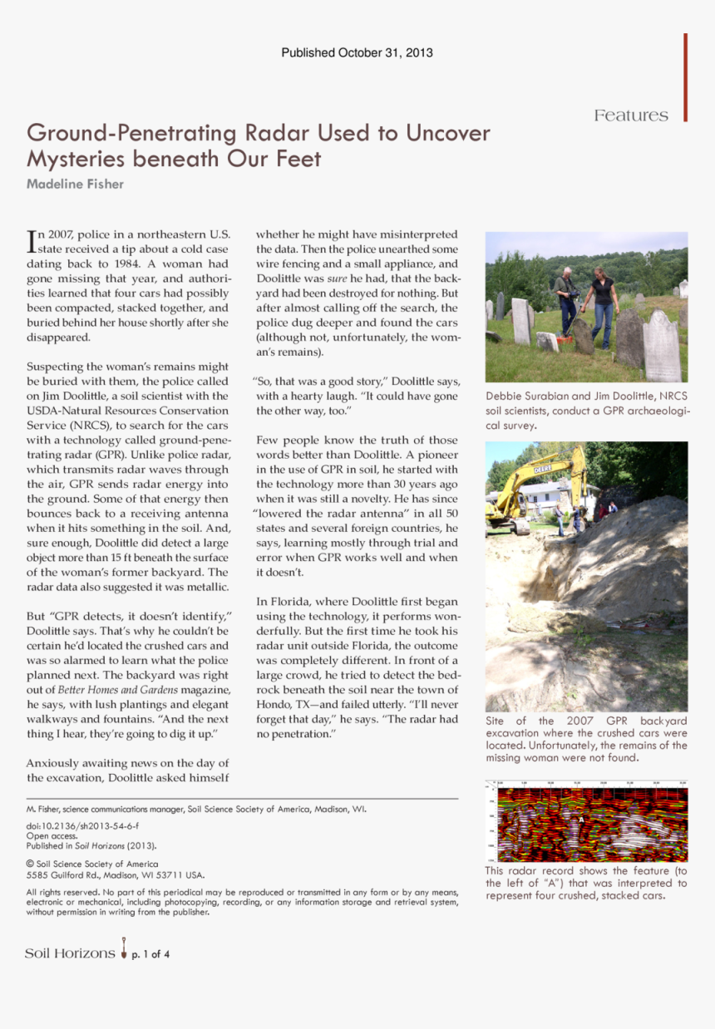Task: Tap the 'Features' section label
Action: [631, 116]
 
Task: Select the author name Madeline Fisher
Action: [75, 184]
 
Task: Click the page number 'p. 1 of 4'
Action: [150, 954]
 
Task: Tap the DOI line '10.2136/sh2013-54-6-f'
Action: [82, 825]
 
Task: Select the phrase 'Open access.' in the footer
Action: [52, 835]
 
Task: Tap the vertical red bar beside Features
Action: [686, 77]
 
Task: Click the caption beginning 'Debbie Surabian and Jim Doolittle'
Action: [586, 410]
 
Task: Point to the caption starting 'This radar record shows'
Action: [586, 883]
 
